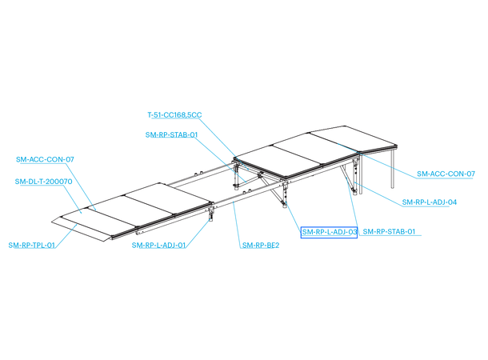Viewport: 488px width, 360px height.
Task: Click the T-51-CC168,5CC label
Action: (174, 115)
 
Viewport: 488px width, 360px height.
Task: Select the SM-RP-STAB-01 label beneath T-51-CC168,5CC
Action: (171, 135)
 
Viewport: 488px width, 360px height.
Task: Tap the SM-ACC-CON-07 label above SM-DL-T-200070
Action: (45, 160)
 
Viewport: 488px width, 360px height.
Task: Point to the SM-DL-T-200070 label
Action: (45, 182)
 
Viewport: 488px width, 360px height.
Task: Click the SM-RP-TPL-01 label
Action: (32, 245)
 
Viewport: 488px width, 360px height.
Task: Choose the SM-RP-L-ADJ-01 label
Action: (159, 245)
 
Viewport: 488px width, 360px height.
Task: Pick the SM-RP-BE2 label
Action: (260, 245)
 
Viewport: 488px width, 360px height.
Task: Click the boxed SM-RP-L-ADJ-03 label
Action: (328, 232)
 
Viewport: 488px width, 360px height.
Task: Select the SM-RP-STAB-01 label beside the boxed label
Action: (390, 232)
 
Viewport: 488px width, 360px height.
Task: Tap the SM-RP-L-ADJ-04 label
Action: (429, 202)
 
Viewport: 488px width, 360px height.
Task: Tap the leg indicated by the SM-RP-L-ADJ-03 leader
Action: (286, 197)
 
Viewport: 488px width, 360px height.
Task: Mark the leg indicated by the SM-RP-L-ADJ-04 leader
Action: (354, 180)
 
